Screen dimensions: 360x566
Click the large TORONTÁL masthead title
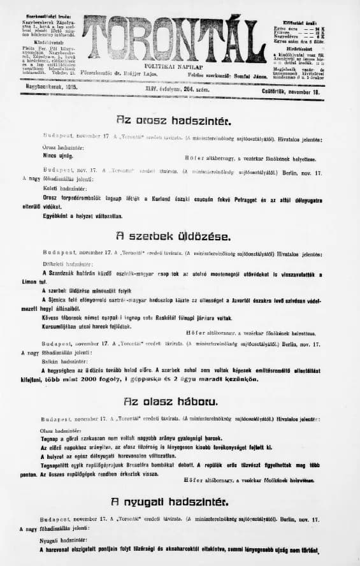[171, 38]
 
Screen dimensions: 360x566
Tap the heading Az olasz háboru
[173, 402]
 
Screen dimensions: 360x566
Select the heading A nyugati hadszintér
[174, 501]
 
